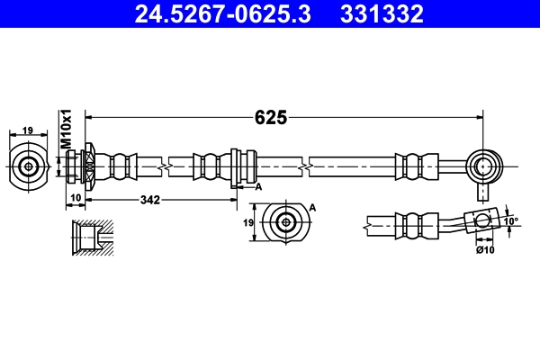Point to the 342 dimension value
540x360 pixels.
150,200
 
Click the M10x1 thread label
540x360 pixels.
66,130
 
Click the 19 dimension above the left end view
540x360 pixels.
28,130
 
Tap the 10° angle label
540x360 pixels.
511,220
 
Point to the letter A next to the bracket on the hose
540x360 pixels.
258,186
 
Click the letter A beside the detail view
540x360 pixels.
313,208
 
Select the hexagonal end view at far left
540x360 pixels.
29,166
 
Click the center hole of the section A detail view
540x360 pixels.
286,222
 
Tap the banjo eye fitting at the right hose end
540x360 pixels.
485,166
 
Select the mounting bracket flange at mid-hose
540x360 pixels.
235,166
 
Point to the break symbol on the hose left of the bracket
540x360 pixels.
163,166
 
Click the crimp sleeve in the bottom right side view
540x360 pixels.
415,225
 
